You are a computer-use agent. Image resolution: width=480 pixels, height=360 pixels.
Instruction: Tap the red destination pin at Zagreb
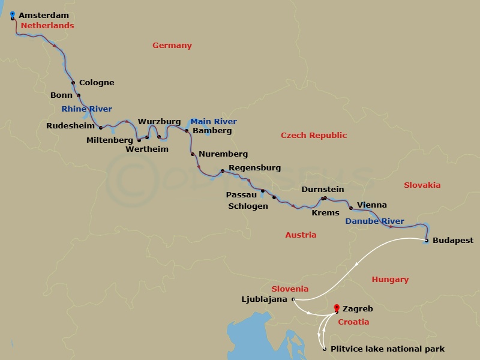(x=337, y=308)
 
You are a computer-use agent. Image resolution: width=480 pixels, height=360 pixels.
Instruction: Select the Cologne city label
(x=97, y=83)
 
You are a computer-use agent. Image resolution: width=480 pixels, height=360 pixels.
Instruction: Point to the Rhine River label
(x=86, y=109)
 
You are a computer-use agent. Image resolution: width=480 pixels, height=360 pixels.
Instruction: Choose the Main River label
(x=214, y=121)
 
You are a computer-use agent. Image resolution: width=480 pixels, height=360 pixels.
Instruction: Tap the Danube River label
(x=374, y=221)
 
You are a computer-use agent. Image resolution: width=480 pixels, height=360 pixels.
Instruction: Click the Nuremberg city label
(x=223, y=154)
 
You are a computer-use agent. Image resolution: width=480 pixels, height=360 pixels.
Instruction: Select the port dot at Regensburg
(x=223, y=172)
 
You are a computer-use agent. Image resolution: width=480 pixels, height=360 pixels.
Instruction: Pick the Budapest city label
(x=453, y=241)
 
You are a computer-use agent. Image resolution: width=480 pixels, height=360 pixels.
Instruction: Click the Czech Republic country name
(x=314, y=136)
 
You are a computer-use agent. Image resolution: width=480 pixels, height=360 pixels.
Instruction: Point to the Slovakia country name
(x=422, y=185)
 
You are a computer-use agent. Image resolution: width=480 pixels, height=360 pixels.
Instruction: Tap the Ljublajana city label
(x=265, y=299)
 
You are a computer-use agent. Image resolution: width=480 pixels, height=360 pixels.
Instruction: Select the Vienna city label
(x=372, y=205)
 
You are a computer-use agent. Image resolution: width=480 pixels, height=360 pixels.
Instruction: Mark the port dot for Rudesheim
(x=101, y=128)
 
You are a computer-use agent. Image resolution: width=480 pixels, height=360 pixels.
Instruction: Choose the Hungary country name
(x=390, y=279)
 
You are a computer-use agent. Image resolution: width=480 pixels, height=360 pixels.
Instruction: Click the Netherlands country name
(x=47, y=26)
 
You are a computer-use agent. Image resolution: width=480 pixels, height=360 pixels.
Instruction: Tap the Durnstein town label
(x=323, y=190)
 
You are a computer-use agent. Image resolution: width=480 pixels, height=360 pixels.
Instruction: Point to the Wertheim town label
(x=147, y=149)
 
